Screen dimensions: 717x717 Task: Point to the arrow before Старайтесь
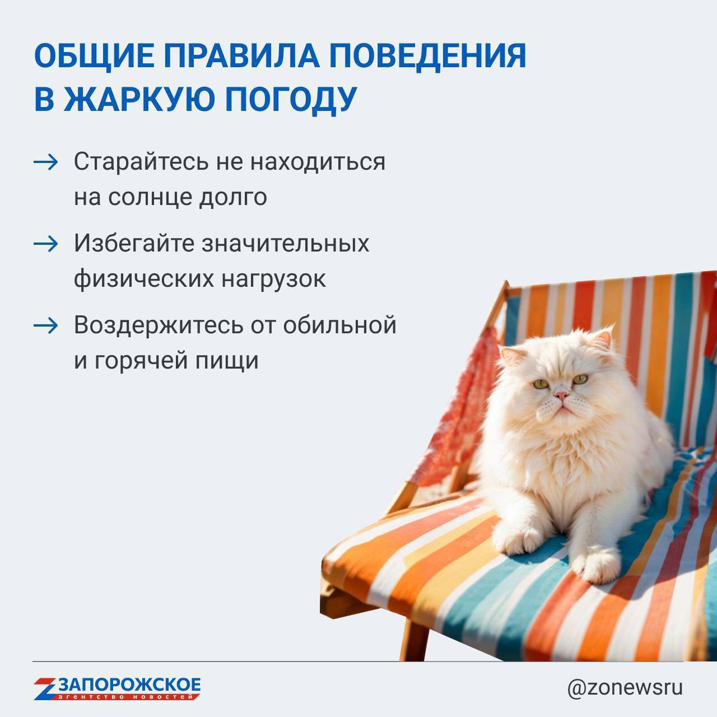pyautogui.click(x=45, y=162)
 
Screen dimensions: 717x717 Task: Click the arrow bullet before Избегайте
pyautogui.click(x=45, y=244)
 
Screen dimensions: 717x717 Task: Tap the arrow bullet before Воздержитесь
pyautogui.click(x=45, y=326)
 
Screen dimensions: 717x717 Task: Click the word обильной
pyautogui.click(x=339, y=325)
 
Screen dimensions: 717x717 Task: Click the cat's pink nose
pyautogui.click(x=561, y=394)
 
